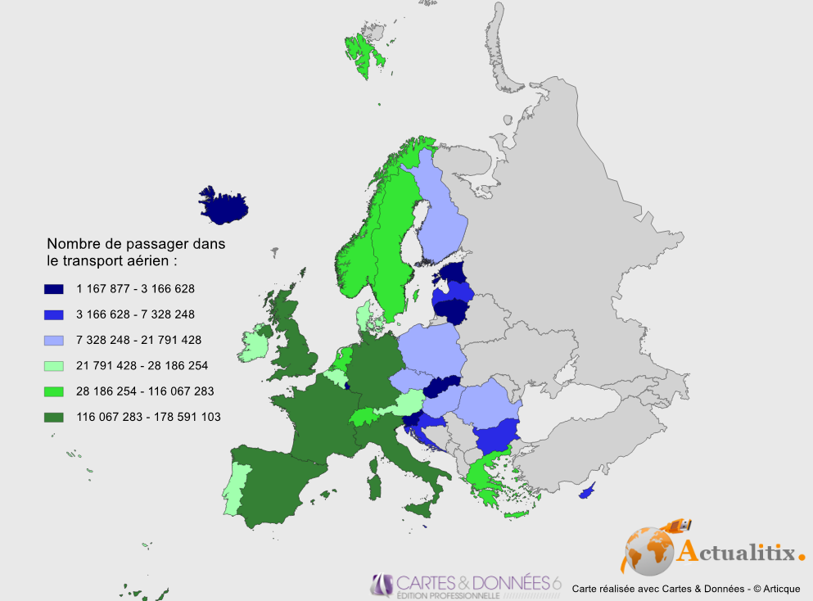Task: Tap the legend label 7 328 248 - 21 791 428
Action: click(139, 340)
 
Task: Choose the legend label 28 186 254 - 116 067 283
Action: click(145, 391)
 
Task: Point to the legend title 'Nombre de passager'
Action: click(135, 244)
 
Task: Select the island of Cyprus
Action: click(586, 494)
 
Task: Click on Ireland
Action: click(253, 346)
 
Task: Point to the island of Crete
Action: click(517, 514)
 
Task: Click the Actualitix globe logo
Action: click(648, 550)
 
